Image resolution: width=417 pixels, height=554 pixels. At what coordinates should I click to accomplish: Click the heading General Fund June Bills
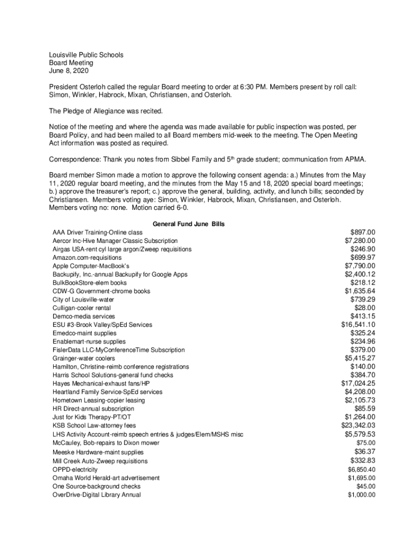[188, 223]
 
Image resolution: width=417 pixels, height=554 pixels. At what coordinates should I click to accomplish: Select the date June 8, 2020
[68, 71]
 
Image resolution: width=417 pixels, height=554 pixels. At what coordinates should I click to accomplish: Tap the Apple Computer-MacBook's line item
[91, 266]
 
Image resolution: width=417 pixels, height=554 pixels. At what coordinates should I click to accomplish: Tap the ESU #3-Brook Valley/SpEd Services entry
[102, 325]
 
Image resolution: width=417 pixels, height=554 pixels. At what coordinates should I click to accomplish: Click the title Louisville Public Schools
[86, 55]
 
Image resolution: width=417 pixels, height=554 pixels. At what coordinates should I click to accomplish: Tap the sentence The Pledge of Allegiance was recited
[106, 111]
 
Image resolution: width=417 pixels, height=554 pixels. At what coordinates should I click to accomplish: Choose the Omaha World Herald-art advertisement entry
[106, 478]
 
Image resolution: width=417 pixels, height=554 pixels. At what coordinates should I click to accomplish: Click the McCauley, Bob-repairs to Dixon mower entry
[106, 443]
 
